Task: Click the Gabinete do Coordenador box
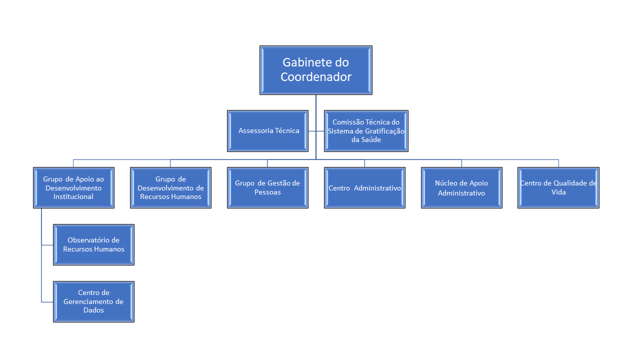315,70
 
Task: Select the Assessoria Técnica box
267,131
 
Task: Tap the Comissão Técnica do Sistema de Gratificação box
366,131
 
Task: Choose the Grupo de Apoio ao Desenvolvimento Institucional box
73,187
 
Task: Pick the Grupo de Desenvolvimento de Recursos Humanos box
170,187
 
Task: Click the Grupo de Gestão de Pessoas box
267,187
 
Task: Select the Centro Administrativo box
364,187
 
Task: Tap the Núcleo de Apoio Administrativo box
461,187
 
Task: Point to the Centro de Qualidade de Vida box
558,187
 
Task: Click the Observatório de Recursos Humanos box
93,244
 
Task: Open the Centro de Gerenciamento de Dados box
93,301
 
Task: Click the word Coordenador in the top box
315,77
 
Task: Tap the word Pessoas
267,192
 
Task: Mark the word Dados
93,310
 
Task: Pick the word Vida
558,192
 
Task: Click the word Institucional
73,196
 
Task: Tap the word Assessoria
256,131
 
